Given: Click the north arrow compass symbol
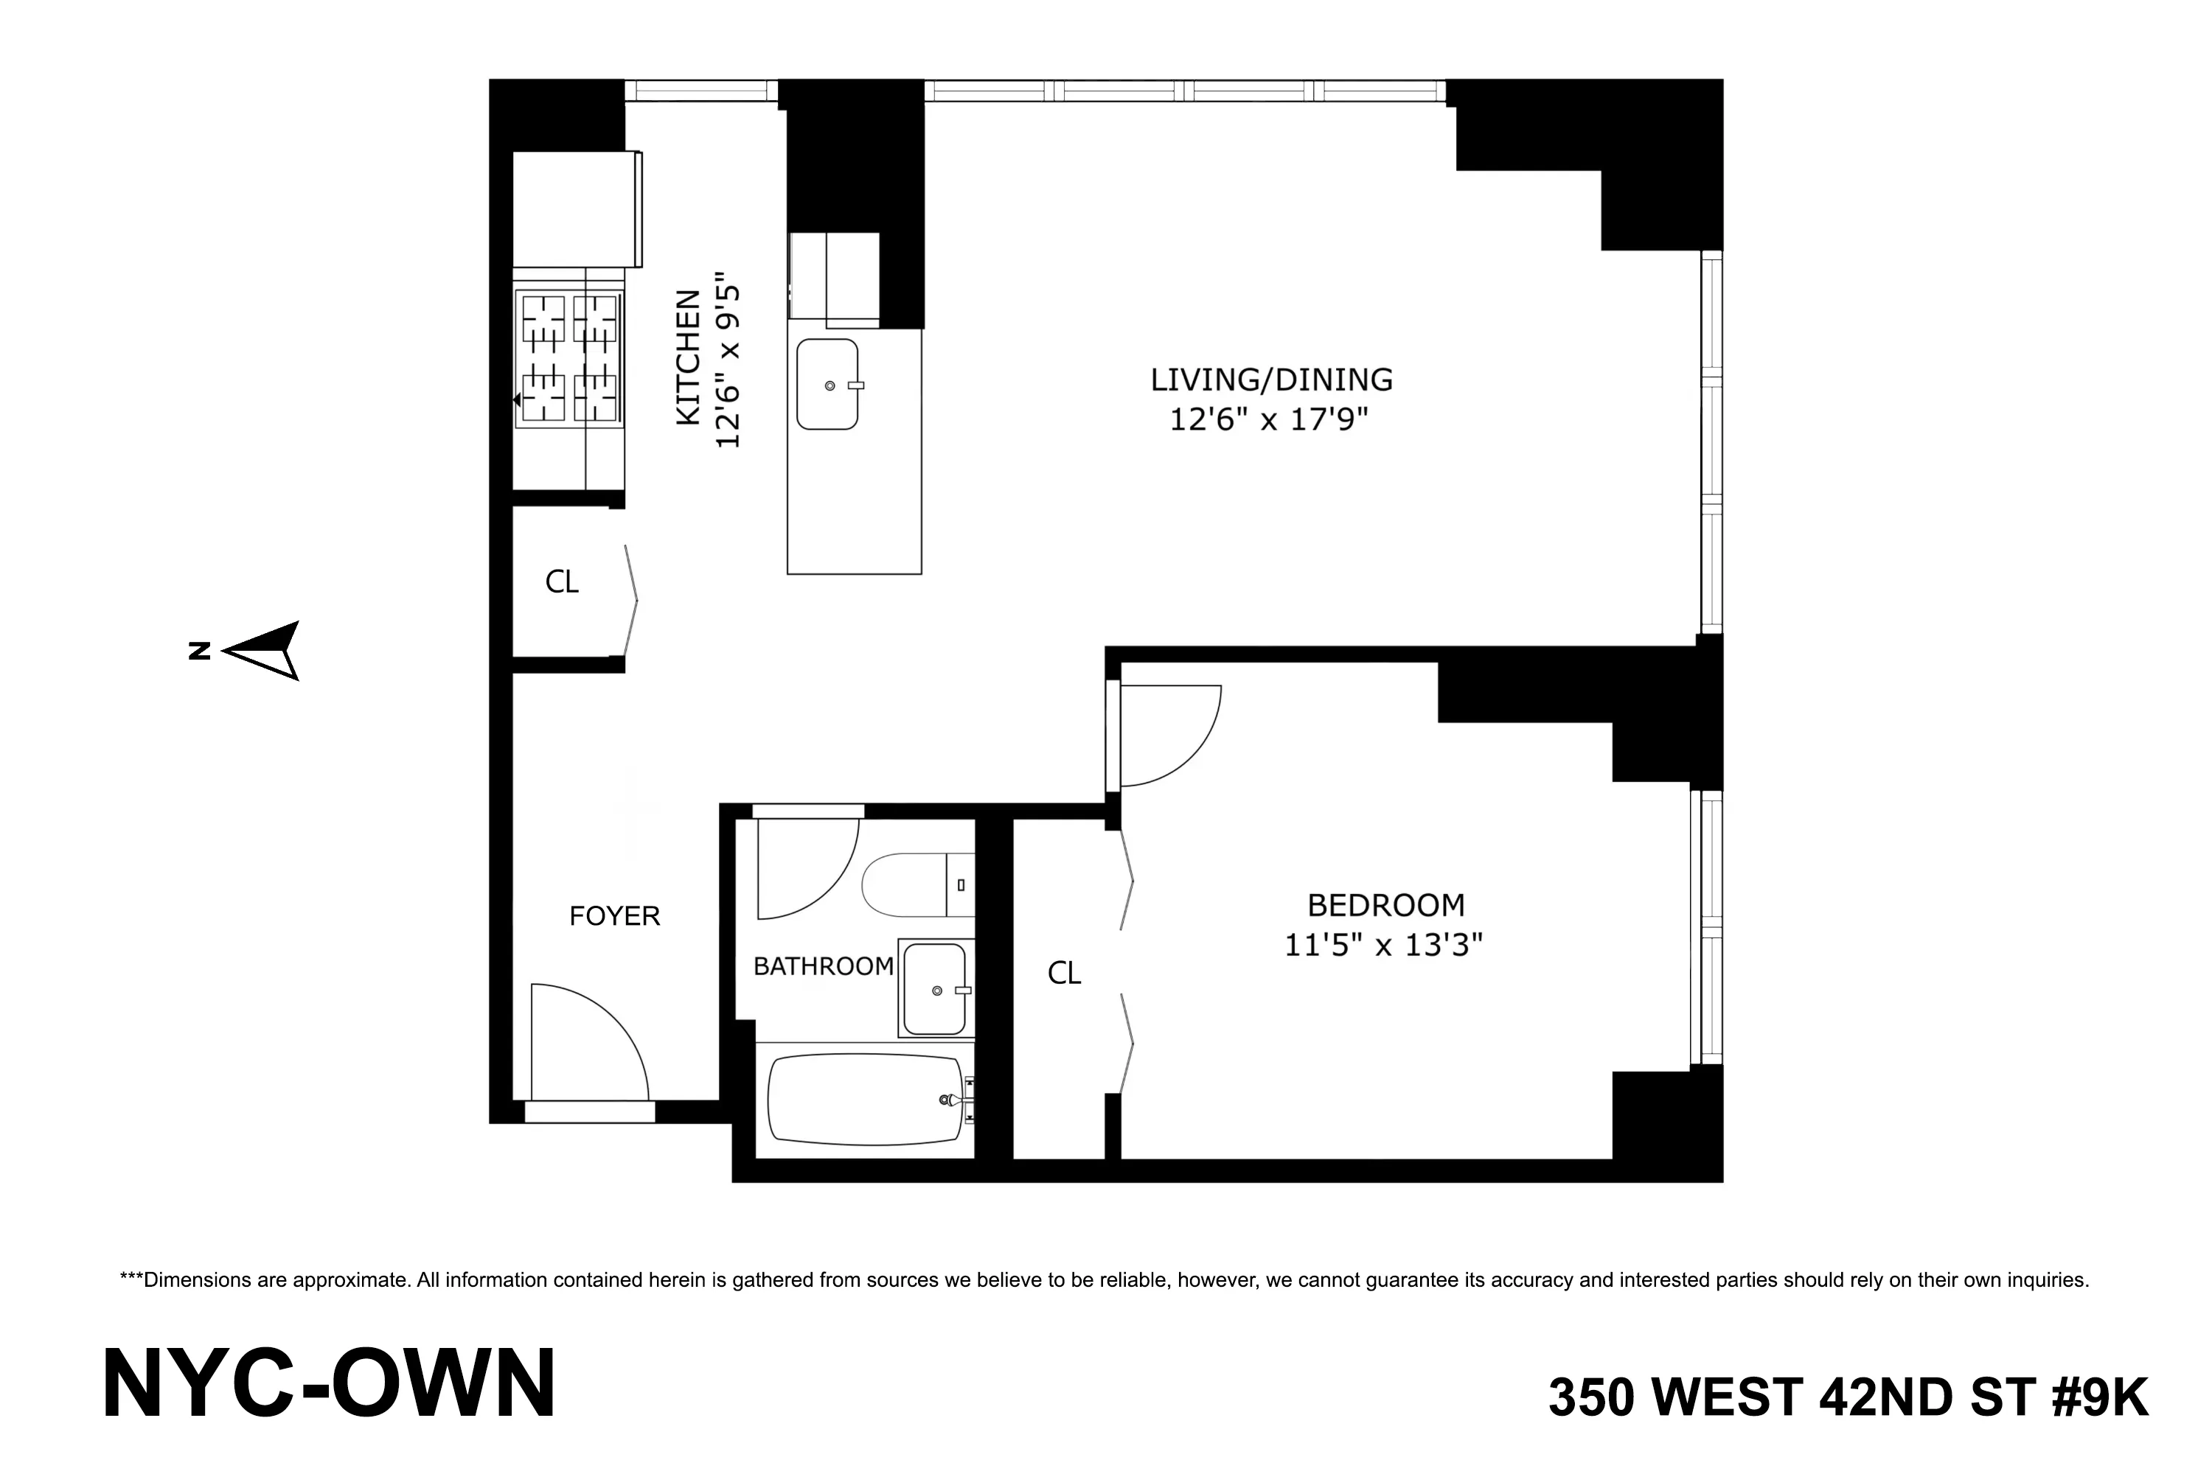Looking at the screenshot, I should tap(264, 651).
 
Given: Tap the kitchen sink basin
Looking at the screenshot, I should tap(827, 385).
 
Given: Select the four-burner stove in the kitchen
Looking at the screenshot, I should tap(570, 358).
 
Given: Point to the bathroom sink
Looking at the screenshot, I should tap(934, 989).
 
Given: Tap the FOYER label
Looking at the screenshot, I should tap(614, 915).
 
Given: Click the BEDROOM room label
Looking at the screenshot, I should tap(1385, 904).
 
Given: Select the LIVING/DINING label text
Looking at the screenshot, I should tap(1270, 380).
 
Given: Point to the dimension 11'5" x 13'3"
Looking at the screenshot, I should tap(1382, 945).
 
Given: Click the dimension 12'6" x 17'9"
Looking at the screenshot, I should tap(1267, 419).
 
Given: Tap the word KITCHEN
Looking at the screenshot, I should tap(689, 357).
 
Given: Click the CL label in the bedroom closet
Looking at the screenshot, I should tap(1064, 973).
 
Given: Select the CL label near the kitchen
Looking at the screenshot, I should tap(561, 582).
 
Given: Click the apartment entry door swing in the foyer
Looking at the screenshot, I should tap(588, 1044).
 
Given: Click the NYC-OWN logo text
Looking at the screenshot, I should tap(328, 1384).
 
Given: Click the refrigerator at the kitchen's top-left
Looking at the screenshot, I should tap(576, 209).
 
